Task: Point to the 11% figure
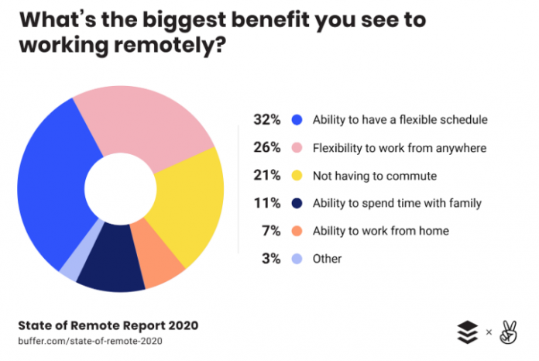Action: [266, 203]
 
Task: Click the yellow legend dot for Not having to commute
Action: [296, 176]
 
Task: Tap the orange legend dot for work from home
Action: [296, 231]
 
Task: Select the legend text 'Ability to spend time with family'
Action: [397, 203]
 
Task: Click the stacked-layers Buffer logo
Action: [467, 332]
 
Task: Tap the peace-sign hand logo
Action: [507, 332]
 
